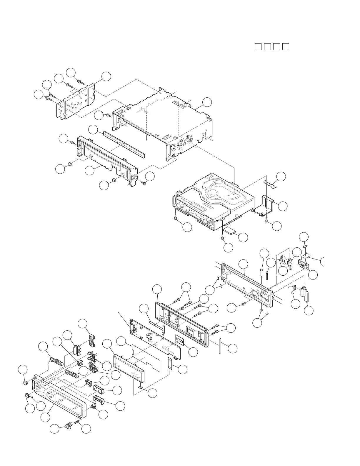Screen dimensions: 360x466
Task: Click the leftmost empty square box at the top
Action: pos(258,46)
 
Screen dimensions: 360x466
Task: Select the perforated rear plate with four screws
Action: pos(75,101)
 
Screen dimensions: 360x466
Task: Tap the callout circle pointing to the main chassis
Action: pos(207,102)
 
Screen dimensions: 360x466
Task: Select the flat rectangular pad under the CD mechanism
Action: pos(230,230)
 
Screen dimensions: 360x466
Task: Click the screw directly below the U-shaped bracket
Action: pos(266,220)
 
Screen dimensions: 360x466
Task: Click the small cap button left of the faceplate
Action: pos(25,382)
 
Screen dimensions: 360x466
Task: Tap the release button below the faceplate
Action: pos(68,425)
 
